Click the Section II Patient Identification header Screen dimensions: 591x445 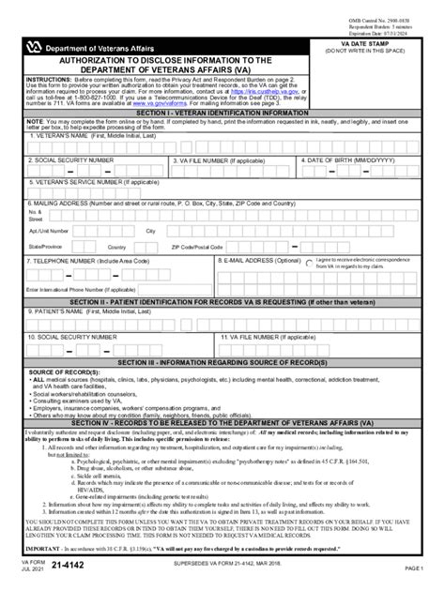tap(222, 306)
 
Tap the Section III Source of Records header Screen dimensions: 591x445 tap(222, 359)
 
